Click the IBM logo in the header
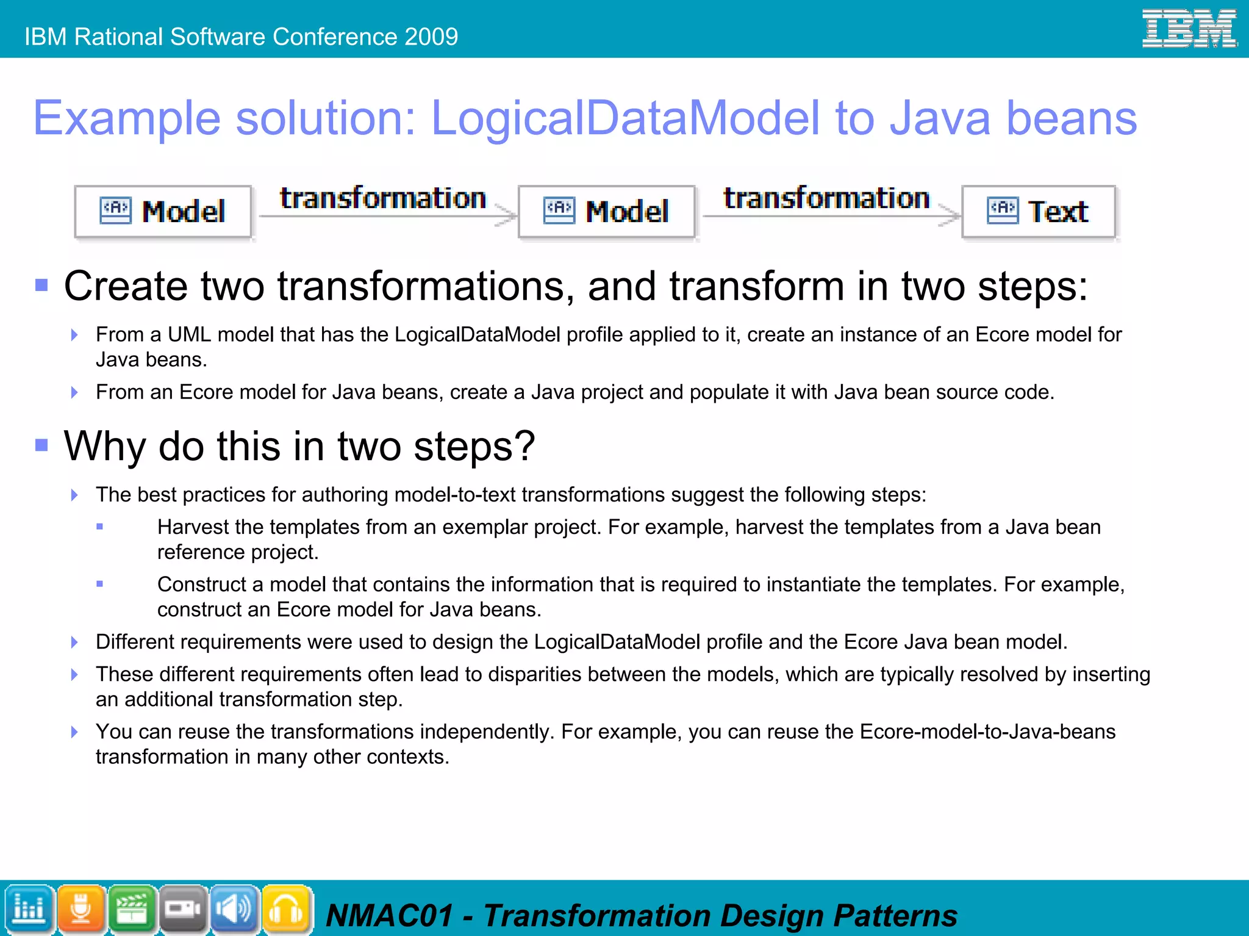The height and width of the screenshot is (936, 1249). (1189, 28)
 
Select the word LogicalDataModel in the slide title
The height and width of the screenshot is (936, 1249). (625, 118)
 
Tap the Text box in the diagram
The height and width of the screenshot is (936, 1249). (1038, 211)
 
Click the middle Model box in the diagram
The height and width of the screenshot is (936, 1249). (606, 211)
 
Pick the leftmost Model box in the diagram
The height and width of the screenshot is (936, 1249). (163, 211)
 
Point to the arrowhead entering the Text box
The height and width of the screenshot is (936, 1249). (950, 215)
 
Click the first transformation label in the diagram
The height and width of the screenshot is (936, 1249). (382, 198)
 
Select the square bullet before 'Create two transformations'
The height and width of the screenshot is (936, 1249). (41, 285)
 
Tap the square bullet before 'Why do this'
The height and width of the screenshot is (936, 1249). (41, 445)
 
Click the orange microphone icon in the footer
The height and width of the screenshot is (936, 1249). (81, 909)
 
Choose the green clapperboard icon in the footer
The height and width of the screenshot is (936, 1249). (132, 909)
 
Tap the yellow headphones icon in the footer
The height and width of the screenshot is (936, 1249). (286, 909)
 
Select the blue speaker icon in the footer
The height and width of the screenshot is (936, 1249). (235, 909)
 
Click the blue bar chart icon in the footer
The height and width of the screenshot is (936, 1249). (29, 909)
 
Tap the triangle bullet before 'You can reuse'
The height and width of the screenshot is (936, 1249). (74, 732)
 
